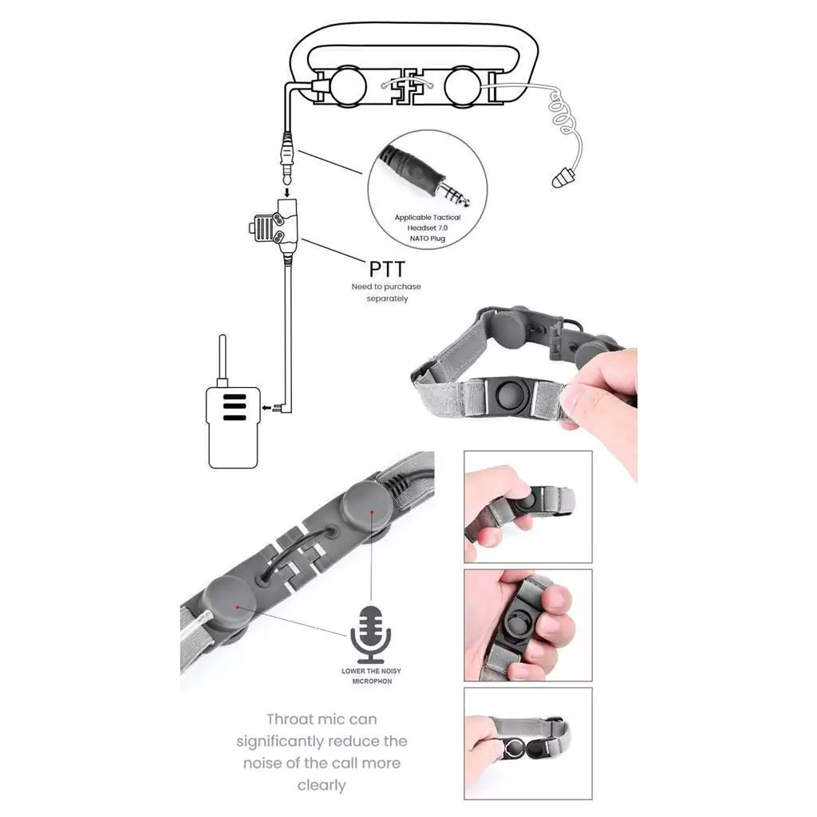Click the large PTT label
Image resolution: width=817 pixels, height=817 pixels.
pyautogui.click(x=387, y=270)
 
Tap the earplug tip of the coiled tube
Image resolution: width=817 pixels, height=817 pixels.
pyautogui.click(x=562, y=178)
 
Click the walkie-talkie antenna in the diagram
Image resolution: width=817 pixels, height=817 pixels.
pyautogui.click(x=223, y=359)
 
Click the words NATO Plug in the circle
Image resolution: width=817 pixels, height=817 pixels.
pyautogui.click(x=428, y=238)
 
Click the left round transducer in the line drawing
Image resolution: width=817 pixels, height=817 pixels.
pyautogui.click(x=349, y=86)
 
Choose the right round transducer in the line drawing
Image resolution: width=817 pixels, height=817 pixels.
pyautogui.click(x=463, y=86)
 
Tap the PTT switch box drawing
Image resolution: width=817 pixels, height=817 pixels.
pyautogui.click(x=274, y=227)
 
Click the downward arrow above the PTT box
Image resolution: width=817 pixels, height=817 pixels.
pyautogui.click(x=286, y=192)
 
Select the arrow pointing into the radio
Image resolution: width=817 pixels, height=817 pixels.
pyautogui.click(x=266, y=408)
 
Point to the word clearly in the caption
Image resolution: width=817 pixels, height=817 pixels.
pyautogui.click(x=322, y=785)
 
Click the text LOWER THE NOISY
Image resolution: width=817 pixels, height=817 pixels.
pyautogui.click(x=371, y=671)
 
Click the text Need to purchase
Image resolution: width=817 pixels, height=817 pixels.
pyautogui.click(x=386, y=286)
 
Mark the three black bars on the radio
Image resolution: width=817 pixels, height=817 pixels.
pyautogui.click(x=234, y=407)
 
